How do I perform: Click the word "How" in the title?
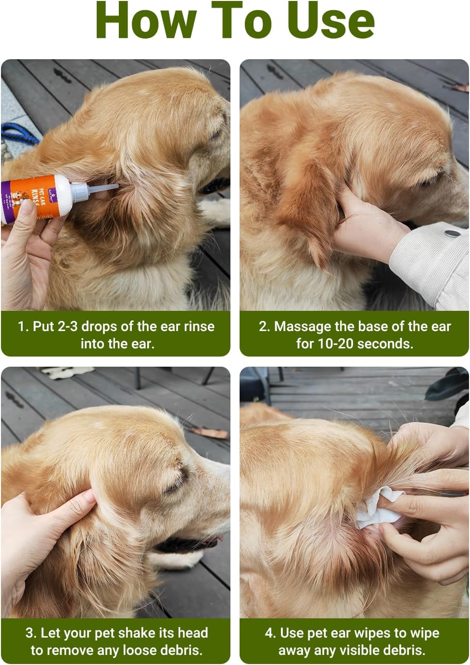pyautogui.click(x=146, y=20)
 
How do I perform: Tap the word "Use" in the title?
pyautogui.click(x=332, y=20)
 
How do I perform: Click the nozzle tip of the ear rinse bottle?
pyautogui.click(x=117, y=186)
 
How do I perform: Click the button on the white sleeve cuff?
pyautogui.click(x=453, y=233)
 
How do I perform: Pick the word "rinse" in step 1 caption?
pyautogui.click(x=199, y=327)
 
